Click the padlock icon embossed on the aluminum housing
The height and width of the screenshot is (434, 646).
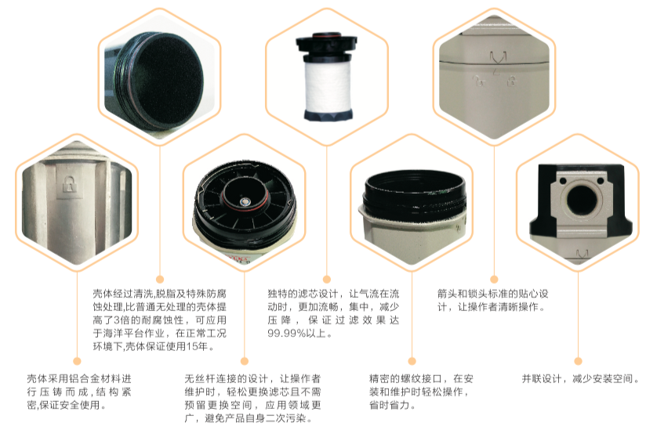pyautogui.click(x=70, y=183)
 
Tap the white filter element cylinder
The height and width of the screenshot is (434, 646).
pyautogui.click(x=327, y=85)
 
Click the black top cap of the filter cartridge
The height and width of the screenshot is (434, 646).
pyautogui.click(x=327, y=43)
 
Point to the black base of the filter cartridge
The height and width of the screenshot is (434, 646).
pyautogui.click(x=328, y=115)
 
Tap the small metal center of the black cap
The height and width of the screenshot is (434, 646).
pyautogui.click(x=245, y=202)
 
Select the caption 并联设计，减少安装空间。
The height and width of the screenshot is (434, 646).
pyautogui.click(x=580, y=378)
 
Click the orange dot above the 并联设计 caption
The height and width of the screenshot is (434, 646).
pyautogui.click(x=578, y=361)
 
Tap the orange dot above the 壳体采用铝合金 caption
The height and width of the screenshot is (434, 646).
pyautogui.click(x=77, y=361)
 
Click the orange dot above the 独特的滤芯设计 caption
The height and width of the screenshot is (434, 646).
pyautogui.click(x=327, y=280)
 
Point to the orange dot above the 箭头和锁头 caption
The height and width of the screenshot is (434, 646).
pyautogui.click(x=495, y=280)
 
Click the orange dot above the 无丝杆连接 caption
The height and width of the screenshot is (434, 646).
pyautogui.click(x=245, y=361)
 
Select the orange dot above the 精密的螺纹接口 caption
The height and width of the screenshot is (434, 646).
pyautogui.click(x=412, y=361)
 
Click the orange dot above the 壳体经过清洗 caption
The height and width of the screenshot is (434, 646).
pyautogui.click(x=160, y=280)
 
